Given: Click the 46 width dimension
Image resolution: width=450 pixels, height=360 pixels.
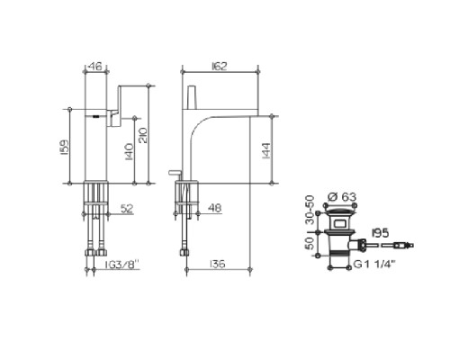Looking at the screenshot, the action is click(x=95, y=66).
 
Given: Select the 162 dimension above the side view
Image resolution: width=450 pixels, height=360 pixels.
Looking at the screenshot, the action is click(x=219, y=66).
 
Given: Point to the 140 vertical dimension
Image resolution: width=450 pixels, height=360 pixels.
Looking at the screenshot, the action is click(x=129, y=151).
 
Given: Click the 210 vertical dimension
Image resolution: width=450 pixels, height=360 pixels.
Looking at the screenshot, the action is click(x=143, y=135).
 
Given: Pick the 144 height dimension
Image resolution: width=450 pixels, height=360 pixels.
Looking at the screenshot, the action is click(x=266, y=151).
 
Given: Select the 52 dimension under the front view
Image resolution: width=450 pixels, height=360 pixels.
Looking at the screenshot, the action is click(x=127, y=209).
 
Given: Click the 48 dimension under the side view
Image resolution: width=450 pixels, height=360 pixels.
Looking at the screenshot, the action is click(x=215, y=208).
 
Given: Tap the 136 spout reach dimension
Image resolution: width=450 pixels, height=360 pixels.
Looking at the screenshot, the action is click(x=217, y=264).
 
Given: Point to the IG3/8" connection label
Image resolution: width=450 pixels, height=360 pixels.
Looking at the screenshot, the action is click(x=122, y=265).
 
